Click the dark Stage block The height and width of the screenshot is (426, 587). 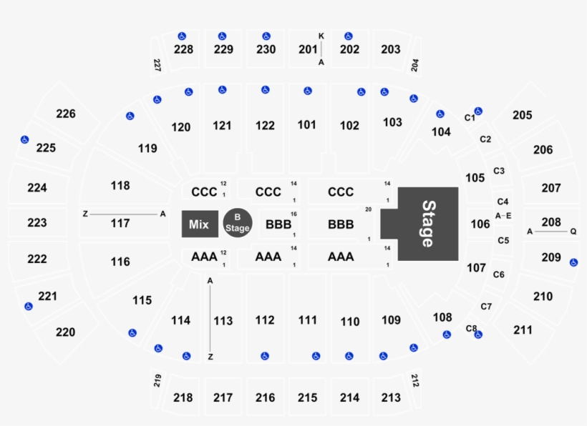[x=427, y=223]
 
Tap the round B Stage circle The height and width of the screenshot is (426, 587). [x=236, y=224]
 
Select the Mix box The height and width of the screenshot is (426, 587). [x=198, y=224]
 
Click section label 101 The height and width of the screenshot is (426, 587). [x=307, y=125]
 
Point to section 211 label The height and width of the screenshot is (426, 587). [x=523, y=330]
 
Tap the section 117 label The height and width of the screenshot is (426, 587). [x=120, y=223]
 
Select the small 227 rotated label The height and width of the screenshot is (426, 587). [x=157, y=66]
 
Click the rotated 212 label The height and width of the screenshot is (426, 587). [x=415, y=380]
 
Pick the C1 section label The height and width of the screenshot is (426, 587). [x=470, y=118]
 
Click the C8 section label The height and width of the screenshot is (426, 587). [x=470, y=329]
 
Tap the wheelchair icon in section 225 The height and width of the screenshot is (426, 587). [x=24, y=139]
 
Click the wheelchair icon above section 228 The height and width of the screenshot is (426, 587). [x=182, y=36]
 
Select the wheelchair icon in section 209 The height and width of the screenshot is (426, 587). [x=573, y=262]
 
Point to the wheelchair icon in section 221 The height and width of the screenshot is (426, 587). [x=29, y=307]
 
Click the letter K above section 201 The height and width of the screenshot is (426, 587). [x=321, y=36]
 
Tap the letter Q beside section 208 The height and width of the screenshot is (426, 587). [x=573, y=232]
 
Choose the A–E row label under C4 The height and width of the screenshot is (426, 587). [x=503, y=215]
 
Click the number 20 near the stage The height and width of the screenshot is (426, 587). [x=368, y=209]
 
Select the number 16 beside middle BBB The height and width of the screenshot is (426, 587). [x=293, y=214]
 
